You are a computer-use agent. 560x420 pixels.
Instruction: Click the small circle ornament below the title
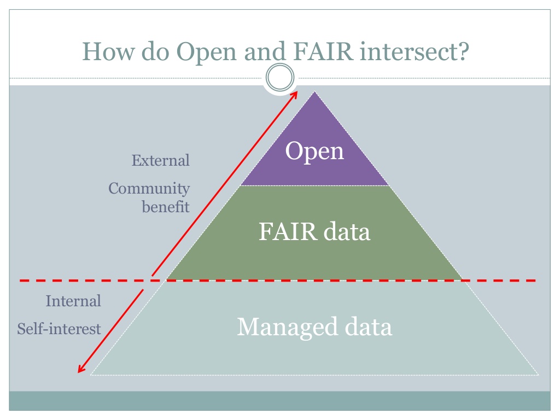[x=279, y=80]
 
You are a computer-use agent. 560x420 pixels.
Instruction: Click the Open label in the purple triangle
[x=315, y=151]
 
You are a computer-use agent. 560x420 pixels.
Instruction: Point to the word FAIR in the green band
[x=287, y=232]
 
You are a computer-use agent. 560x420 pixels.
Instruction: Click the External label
[x=161, y=161]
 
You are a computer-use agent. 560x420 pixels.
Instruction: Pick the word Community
[x=149, y=189]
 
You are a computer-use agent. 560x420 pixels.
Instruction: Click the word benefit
[x=166, y=207]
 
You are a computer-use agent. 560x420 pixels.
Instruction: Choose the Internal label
[x=73, y=301]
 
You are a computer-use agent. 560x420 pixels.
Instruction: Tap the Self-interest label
[x=59, y=329]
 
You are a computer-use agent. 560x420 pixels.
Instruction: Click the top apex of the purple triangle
[x=314, y=91]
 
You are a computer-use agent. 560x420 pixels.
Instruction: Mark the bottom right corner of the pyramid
[x=538, y=375]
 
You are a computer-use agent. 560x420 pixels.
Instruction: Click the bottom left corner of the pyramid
[x=91, y=375]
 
